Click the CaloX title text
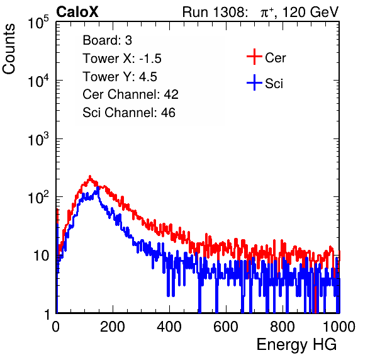[x=77, y=12]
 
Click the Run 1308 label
[x=215, y=12]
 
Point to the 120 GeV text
[x=310, y=12]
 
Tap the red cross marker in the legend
[x=254, y=57]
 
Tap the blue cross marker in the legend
[x=254, y=82]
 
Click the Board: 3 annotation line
[x=107, y=40]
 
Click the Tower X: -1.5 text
[x=122, y=59]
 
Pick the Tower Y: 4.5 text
[x=120, y=77]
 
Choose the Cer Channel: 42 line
[x=131, y=94]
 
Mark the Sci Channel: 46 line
[x=129, y=113]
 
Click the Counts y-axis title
[x=9, y=49]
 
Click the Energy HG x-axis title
[x=296, y=345]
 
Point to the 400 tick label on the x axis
[x=169, y=327]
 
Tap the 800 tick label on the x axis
[x=283, y=327]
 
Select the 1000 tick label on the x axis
[x=339, y=327]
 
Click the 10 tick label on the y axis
[x=42, y=256]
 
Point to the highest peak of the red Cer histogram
[x=90, y=176]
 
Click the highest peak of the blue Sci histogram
[x=98, y=188]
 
